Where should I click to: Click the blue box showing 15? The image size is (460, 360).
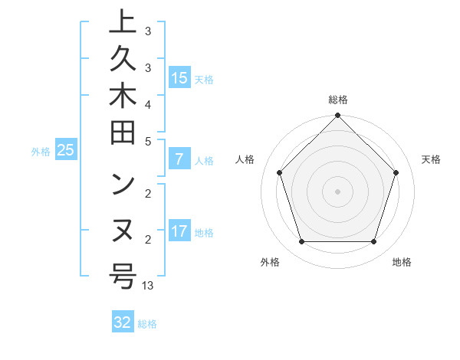[x=179, y=77]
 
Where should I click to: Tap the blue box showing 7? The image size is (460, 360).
[x=179, y=159]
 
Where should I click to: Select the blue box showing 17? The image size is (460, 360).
[x=179, y=231]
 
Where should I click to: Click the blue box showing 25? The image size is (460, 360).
[x=66, y=150]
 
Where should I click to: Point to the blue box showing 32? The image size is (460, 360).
[x=123, y=322]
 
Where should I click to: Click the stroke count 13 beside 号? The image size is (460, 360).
[x=148, y=286]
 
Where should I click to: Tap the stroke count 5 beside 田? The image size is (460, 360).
[x=148, y=142]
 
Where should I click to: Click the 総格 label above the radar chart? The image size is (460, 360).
[x=338, y=100]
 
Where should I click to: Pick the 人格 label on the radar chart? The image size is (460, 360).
[x=245, y=159]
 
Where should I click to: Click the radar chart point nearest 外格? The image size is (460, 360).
[x=301, y=242]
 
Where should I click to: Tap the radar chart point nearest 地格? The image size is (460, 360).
[x=374, y=242]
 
